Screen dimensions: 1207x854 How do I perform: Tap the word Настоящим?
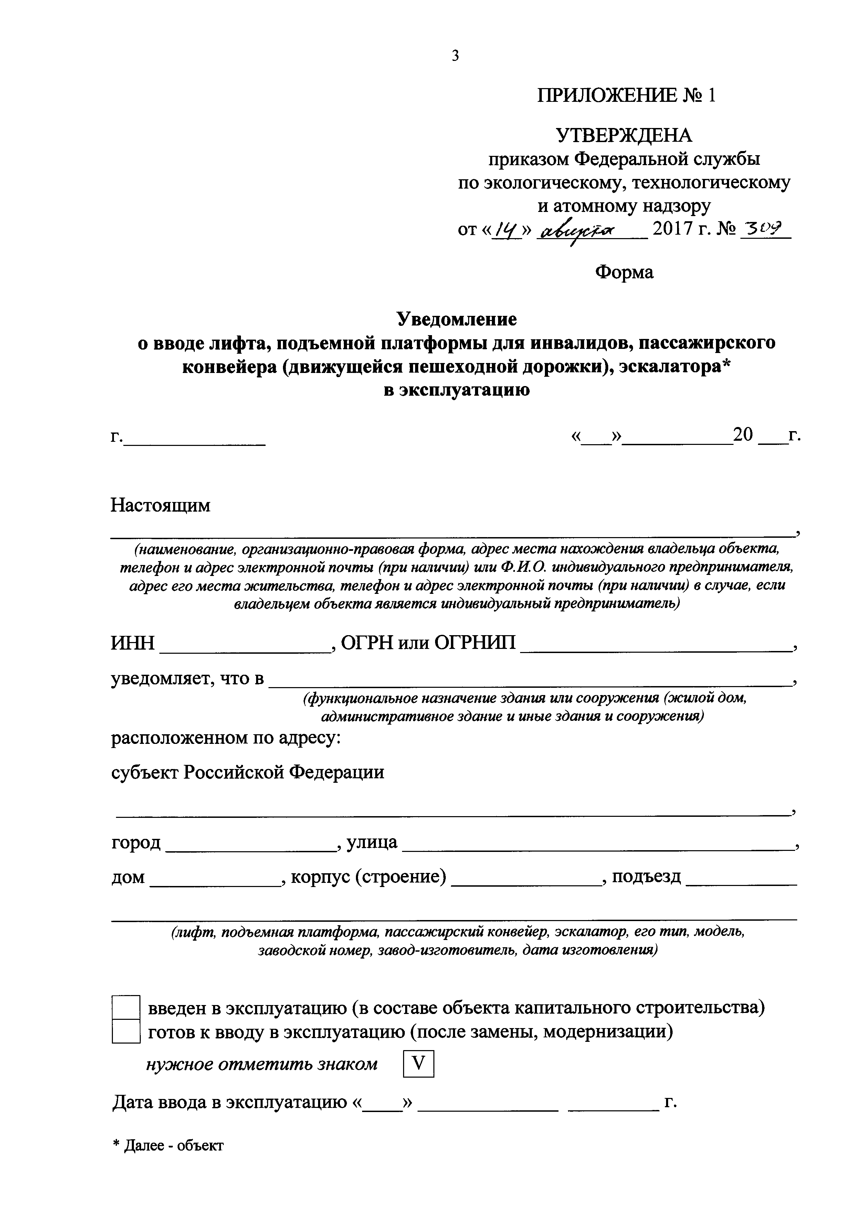point(160,505)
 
